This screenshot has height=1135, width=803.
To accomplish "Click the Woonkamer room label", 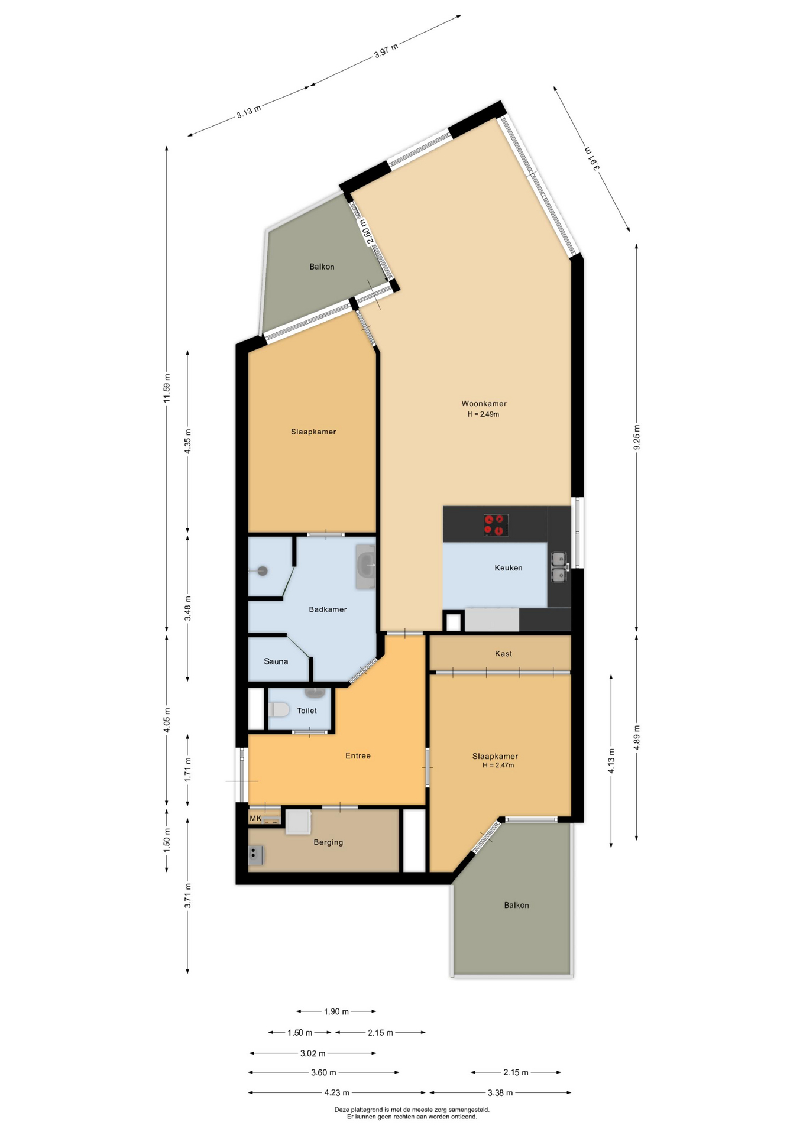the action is point(484,404).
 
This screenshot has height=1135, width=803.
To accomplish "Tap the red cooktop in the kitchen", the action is point(496,525).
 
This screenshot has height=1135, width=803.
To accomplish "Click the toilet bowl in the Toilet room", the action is point(279,709).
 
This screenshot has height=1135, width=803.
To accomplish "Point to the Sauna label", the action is point(276,661).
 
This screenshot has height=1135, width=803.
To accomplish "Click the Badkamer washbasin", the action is point(365,566).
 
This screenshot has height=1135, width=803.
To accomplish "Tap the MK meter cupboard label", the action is point(255,818).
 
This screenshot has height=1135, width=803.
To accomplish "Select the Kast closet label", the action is point(503,653).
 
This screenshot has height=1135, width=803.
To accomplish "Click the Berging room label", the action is point(328,842).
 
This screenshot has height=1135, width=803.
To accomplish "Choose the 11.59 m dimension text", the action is point(167,388).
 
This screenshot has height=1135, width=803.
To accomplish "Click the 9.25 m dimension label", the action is point(637,437).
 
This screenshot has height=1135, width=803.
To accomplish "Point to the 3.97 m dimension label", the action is point(386,51).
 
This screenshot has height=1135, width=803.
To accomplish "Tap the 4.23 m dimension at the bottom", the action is point(336,1092).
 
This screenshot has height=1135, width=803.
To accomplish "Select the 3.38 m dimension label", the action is point(500,1092).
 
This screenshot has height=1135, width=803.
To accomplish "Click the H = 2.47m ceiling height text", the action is point(498,765).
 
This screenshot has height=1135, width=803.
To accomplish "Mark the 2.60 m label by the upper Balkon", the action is point(367,232).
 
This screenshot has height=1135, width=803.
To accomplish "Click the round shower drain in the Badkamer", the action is point(263,571).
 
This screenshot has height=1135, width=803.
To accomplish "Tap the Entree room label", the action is point(358,755).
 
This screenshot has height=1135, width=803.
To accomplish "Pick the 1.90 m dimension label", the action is point(336,1011).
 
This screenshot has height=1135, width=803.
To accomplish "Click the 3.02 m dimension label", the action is point(313,1053).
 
